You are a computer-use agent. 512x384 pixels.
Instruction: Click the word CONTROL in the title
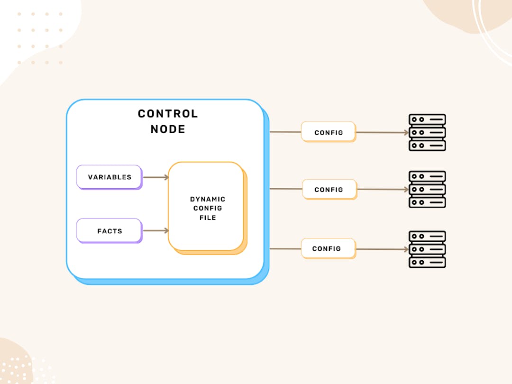click(168, 114)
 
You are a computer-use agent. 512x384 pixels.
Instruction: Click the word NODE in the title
click(168, 129)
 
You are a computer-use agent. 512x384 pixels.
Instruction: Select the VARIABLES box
click(110, 177)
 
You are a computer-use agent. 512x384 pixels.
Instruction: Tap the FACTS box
click(110, 231)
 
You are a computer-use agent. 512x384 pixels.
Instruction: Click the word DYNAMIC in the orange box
click(208, 199)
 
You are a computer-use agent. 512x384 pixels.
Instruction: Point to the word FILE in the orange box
click(208, 218)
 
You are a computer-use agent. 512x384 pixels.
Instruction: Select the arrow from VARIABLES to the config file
click(156, 177)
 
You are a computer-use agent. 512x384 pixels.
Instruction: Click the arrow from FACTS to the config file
click(156, 231)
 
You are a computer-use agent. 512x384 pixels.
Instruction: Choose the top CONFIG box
click(329, 132)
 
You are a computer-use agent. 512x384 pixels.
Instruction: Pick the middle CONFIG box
click(329, 189)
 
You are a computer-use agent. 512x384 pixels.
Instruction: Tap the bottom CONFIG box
click(328, 248)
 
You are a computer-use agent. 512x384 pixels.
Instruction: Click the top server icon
click(427, 132)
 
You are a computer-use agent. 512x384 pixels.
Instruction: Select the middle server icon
click(427, 189)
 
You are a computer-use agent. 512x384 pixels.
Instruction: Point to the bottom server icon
click(427, 249)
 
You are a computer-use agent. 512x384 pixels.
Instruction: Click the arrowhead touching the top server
click(407, 133)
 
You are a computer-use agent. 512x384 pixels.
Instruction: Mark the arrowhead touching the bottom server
click(407, 249)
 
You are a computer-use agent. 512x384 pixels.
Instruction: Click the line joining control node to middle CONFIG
click(286, 189)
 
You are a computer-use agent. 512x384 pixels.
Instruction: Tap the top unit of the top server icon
click(427, 119)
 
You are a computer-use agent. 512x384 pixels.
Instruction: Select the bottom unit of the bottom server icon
click(427, 262)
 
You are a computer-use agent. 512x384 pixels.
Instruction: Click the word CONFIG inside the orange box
click(208, 208)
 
